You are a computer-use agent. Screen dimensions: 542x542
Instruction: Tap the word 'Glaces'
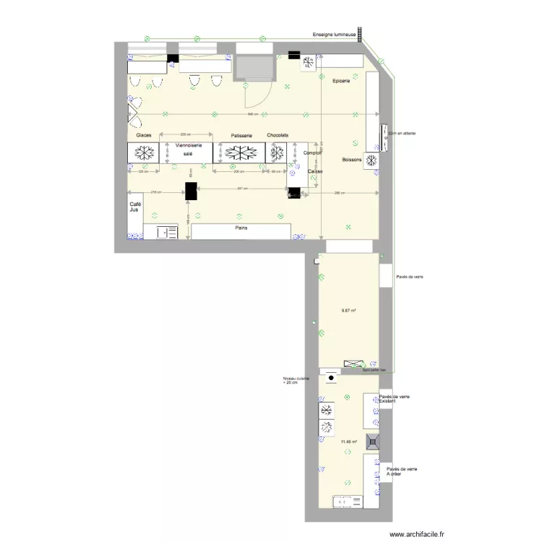[143, 136]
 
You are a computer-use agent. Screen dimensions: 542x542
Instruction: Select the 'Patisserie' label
[241, 136]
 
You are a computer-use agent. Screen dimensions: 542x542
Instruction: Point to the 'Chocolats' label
[278, 136]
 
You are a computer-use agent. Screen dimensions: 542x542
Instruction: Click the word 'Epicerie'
[340, 81]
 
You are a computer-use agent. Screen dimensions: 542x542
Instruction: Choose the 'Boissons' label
[352, 159]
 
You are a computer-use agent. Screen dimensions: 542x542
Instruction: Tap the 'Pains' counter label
[241, 227]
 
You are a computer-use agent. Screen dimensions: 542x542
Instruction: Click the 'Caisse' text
[315, 171]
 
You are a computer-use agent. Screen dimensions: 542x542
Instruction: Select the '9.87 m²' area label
[350, 311]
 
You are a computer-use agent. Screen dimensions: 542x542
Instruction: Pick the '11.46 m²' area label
[350, 441]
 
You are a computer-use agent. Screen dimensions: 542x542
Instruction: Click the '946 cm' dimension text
[253, 115]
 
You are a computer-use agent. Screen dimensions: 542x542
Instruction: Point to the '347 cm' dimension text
[241, 189]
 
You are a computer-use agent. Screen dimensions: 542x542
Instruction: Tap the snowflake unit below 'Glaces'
[143, 153]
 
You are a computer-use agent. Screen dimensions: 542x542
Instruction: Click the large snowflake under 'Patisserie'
[240, 153]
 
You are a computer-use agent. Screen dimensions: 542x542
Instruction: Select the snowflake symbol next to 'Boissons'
[372, 160]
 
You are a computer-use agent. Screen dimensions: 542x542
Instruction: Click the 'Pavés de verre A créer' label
[402, 471]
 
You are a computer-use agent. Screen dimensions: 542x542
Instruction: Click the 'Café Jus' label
[135, 207]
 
